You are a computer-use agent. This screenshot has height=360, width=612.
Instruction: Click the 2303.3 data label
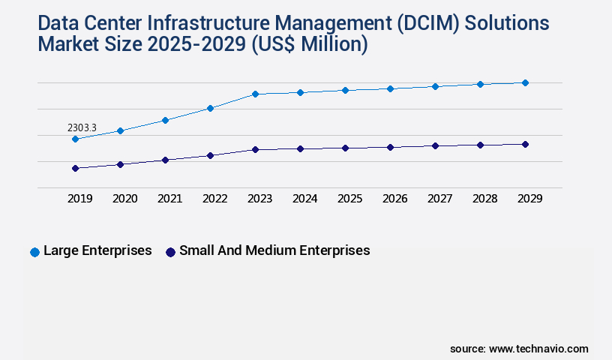click(82, 128)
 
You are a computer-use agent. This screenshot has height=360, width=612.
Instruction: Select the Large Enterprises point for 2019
click(75, 139)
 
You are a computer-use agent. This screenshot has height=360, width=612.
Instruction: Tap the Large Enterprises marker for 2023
click(255, 94)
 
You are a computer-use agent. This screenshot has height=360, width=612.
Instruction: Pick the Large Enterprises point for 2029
click(525, 82)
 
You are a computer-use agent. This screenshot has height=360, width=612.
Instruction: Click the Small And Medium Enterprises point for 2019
click(75, 168)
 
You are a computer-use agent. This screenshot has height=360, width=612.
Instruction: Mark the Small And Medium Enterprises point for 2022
click(210, 155)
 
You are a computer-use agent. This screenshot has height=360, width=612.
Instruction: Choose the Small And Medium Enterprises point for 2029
click(525, 144)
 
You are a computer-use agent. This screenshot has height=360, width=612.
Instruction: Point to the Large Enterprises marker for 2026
click(390, 88)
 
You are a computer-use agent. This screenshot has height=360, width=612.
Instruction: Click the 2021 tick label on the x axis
click(169, 199)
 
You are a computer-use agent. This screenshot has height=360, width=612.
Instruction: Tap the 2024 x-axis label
click(304, 199)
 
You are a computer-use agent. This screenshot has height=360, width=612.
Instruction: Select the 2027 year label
click(439, 199)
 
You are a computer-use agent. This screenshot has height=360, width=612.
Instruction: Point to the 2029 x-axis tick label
click(529, 199)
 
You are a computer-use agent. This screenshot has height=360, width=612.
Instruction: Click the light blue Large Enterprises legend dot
click(34, 252)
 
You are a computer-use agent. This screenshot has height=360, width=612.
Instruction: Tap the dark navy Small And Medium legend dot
click(170, 252)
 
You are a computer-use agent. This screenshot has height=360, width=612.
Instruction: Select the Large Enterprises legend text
click(97, 250)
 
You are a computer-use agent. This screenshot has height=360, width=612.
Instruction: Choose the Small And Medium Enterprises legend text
click(274, 250)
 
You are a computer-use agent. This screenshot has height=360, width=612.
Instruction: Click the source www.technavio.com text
click(519, 349)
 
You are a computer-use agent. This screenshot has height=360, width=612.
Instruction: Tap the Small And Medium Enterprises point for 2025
click(345, 148)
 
